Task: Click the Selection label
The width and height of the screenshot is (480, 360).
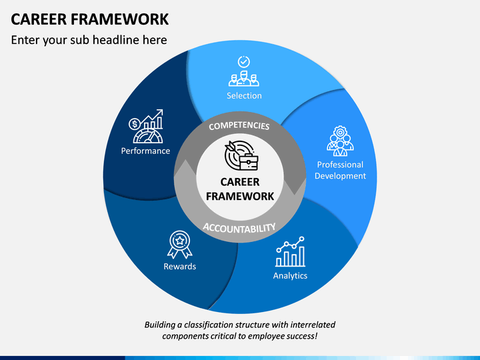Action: [x=244, y=96]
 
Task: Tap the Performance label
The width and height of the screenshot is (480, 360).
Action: [x=145, y=151]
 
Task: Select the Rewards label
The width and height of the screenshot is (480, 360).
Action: [x=180, y=266]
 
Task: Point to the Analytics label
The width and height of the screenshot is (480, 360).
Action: [x=290, y=276]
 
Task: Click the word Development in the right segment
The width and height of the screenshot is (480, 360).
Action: [x=340, y=176]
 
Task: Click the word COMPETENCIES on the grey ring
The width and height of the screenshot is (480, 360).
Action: [x=239, y=126]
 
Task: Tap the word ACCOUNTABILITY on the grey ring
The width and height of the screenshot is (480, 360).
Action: [x=239, y=228]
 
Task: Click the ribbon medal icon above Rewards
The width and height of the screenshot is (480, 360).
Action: [x=180, y=245]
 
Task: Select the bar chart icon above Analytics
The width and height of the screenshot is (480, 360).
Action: [x=290, y=251]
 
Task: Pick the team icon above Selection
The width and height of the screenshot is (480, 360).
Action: [x=244, y=79]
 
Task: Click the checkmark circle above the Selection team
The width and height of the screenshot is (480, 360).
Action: [x=244, y=61]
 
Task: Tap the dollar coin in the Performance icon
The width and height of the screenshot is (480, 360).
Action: [x=135, y=124]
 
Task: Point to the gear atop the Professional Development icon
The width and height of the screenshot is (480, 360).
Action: [x=340, y=132]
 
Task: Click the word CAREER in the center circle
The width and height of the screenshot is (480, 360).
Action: [x=240, y=182]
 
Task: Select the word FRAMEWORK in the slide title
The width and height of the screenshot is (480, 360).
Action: [x=120, y=19]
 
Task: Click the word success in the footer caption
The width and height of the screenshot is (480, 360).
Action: [x=301, y=336]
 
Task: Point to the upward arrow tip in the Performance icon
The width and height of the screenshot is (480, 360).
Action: [x=162, y=110]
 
